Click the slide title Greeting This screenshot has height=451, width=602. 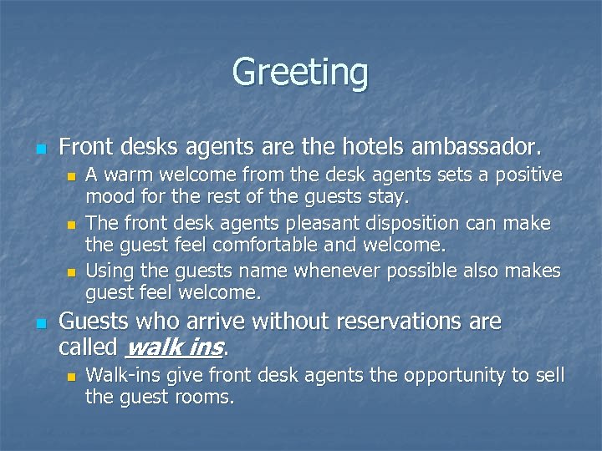[300, 71]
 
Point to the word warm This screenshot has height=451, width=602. [130, 175]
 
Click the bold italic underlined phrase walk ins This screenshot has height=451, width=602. [175, 346]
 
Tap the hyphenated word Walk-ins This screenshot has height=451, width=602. [120, 375]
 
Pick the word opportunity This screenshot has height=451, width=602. [440, 375]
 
